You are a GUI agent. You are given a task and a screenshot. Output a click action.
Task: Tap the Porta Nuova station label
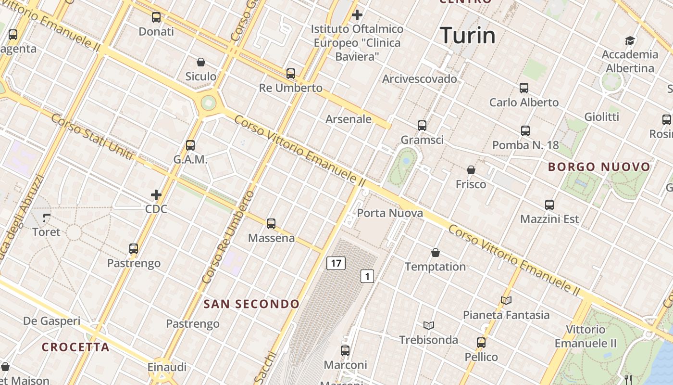[x=390, y=213]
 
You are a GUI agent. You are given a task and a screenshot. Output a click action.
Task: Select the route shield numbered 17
[x=336, y=263]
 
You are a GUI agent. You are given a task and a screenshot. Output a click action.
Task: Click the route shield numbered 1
[x=367, y=276]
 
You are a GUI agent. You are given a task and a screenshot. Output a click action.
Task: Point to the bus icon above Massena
[x=271, y=224]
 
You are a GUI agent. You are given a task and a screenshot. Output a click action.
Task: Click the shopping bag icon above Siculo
[x=201, y=62]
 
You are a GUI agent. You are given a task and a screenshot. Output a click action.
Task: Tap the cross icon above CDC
[x=156, y=195]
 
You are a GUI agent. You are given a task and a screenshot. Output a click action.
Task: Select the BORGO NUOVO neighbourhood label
[x=599, y=167]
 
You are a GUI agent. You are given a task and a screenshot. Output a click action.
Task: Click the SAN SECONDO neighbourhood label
[x=251, y=304]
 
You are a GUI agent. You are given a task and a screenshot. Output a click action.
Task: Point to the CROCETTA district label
[x=75, y=347]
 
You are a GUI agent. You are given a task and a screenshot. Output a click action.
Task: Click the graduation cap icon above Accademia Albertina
[x=630, y=40]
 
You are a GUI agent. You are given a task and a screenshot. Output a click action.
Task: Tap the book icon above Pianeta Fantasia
[x=506, y=301]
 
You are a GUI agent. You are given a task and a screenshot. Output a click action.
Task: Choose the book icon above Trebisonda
[x=429, y=326]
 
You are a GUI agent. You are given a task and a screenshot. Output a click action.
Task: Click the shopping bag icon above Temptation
[x=436, y=253]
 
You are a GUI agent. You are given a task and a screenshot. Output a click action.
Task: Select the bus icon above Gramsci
[x=422, y=126]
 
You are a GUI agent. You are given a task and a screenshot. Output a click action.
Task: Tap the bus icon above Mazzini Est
[x=549, y=205]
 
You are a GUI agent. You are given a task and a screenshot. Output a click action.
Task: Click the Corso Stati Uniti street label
[x=92, y=136]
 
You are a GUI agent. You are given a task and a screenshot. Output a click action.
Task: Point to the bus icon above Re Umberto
[x=291, y=74]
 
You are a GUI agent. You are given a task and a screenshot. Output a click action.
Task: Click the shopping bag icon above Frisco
[x=471, y=170]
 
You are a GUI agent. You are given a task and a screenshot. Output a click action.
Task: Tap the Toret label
[x=46, y=232]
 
